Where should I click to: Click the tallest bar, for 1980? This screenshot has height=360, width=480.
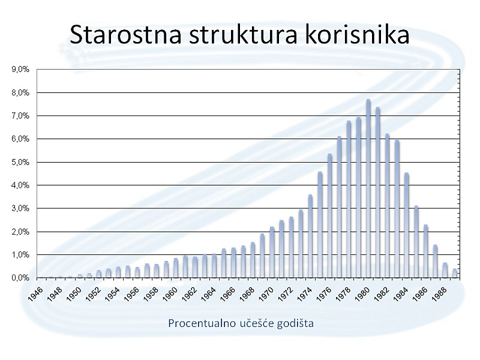click(x=368, y=188)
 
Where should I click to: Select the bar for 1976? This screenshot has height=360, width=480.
click(x=329, y=216)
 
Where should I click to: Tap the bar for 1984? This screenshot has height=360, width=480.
click(x=407, y=226)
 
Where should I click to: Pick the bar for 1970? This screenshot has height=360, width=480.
click(x=272, y=252)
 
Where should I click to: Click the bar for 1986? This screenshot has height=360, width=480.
click(x=426, y=251)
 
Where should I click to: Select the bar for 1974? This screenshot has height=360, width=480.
click(x=310, y=236)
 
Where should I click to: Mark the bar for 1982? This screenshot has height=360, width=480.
click(x=387, y=206)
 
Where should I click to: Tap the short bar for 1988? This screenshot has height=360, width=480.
click(x=445, y=271)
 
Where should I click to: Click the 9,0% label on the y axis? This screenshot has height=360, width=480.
click(x=20, y=70)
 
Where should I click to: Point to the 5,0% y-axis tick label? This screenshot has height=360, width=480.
click(x=20, y=162)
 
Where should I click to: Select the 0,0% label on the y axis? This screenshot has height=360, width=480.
click(x=20, y=278)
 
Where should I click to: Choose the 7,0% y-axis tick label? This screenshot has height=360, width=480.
click(x=20, y=116)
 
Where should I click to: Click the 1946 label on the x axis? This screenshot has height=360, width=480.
click(x=35, y=294)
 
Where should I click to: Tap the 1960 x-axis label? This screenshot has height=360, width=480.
click(x=170, y=294)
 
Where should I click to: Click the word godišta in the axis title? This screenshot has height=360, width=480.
click(x=295, y=323)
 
